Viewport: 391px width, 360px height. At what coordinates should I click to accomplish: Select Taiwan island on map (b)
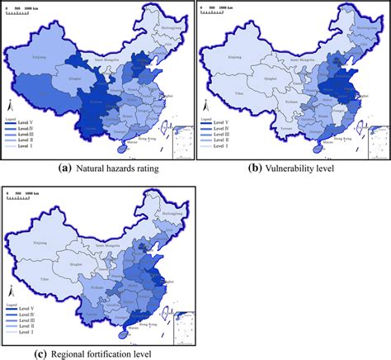pos(356,126)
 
